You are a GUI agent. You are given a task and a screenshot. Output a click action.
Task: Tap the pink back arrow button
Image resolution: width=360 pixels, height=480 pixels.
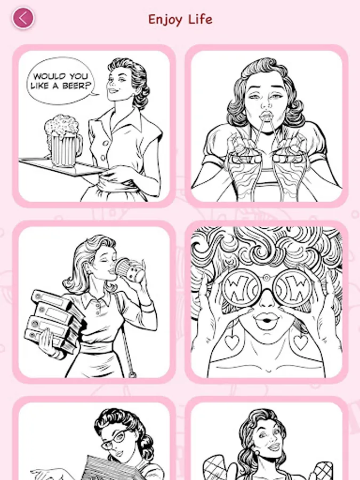coord(23,18)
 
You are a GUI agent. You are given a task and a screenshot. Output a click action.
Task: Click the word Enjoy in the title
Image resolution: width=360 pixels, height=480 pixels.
coord(165,20)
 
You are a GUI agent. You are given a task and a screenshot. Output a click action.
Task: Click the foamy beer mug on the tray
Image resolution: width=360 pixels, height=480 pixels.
coord(63,140)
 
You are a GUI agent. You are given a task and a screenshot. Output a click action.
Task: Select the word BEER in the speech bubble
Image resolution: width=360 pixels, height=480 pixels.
coord(76,86)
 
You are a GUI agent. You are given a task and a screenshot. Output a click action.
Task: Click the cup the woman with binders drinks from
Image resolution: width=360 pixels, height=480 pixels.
coord(129,270)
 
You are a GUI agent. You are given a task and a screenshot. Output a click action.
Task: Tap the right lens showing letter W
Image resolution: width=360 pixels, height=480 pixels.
coord(294,289)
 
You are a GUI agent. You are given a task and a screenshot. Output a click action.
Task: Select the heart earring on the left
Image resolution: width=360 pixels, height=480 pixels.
coord(232,342)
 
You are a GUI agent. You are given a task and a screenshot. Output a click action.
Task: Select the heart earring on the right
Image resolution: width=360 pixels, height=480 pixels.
coord(301,341)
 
